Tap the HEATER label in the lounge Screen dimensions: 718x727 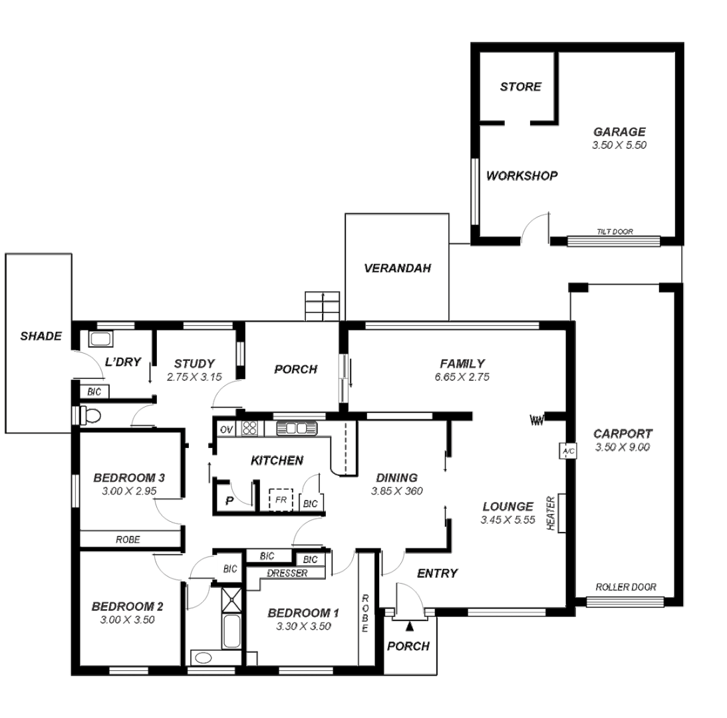(550, 513)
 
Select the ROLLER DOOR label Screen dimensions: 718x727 (625, 587)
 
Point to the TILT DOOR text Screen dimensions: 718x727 (614, 232)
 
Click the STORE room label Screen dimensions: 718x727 (520, 86)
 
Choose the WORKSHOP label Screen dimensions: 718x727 (521, 176)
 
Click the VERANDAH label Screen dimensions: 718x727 (398, 269)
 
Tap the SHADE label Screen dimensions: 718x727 (41, 336)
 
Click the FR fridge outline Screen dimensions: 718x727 (281, 499)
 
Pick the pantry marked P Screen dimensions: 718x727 (229, 501)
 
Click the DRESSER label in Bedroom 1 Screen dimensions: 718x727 (287, 573)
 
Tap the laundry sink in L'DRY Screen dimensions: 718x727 (100, 339)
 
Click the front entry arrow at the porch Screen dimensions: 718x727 (410, 625)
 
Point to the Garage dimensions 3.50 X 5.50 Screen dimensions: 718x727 (619, 144)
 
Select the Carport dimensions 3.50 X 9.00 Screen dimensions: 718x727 (623, 447)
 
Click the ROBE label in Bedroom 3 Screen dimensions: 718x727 (128, 540)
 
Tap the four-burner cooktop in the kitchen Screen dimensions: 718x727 (249, 428)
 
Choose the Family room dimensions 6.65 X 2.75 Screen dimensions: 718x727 (462, 377)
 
